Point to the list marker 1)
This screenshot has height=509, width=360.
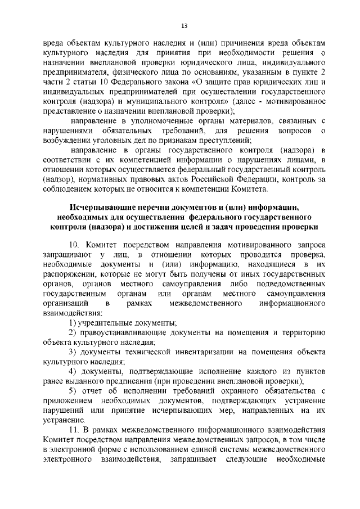tap(73, 322)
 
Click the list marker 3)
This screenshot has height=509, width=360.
tap(73, 353)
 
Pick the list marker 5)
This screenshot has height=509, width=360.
tap(73, 391)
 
